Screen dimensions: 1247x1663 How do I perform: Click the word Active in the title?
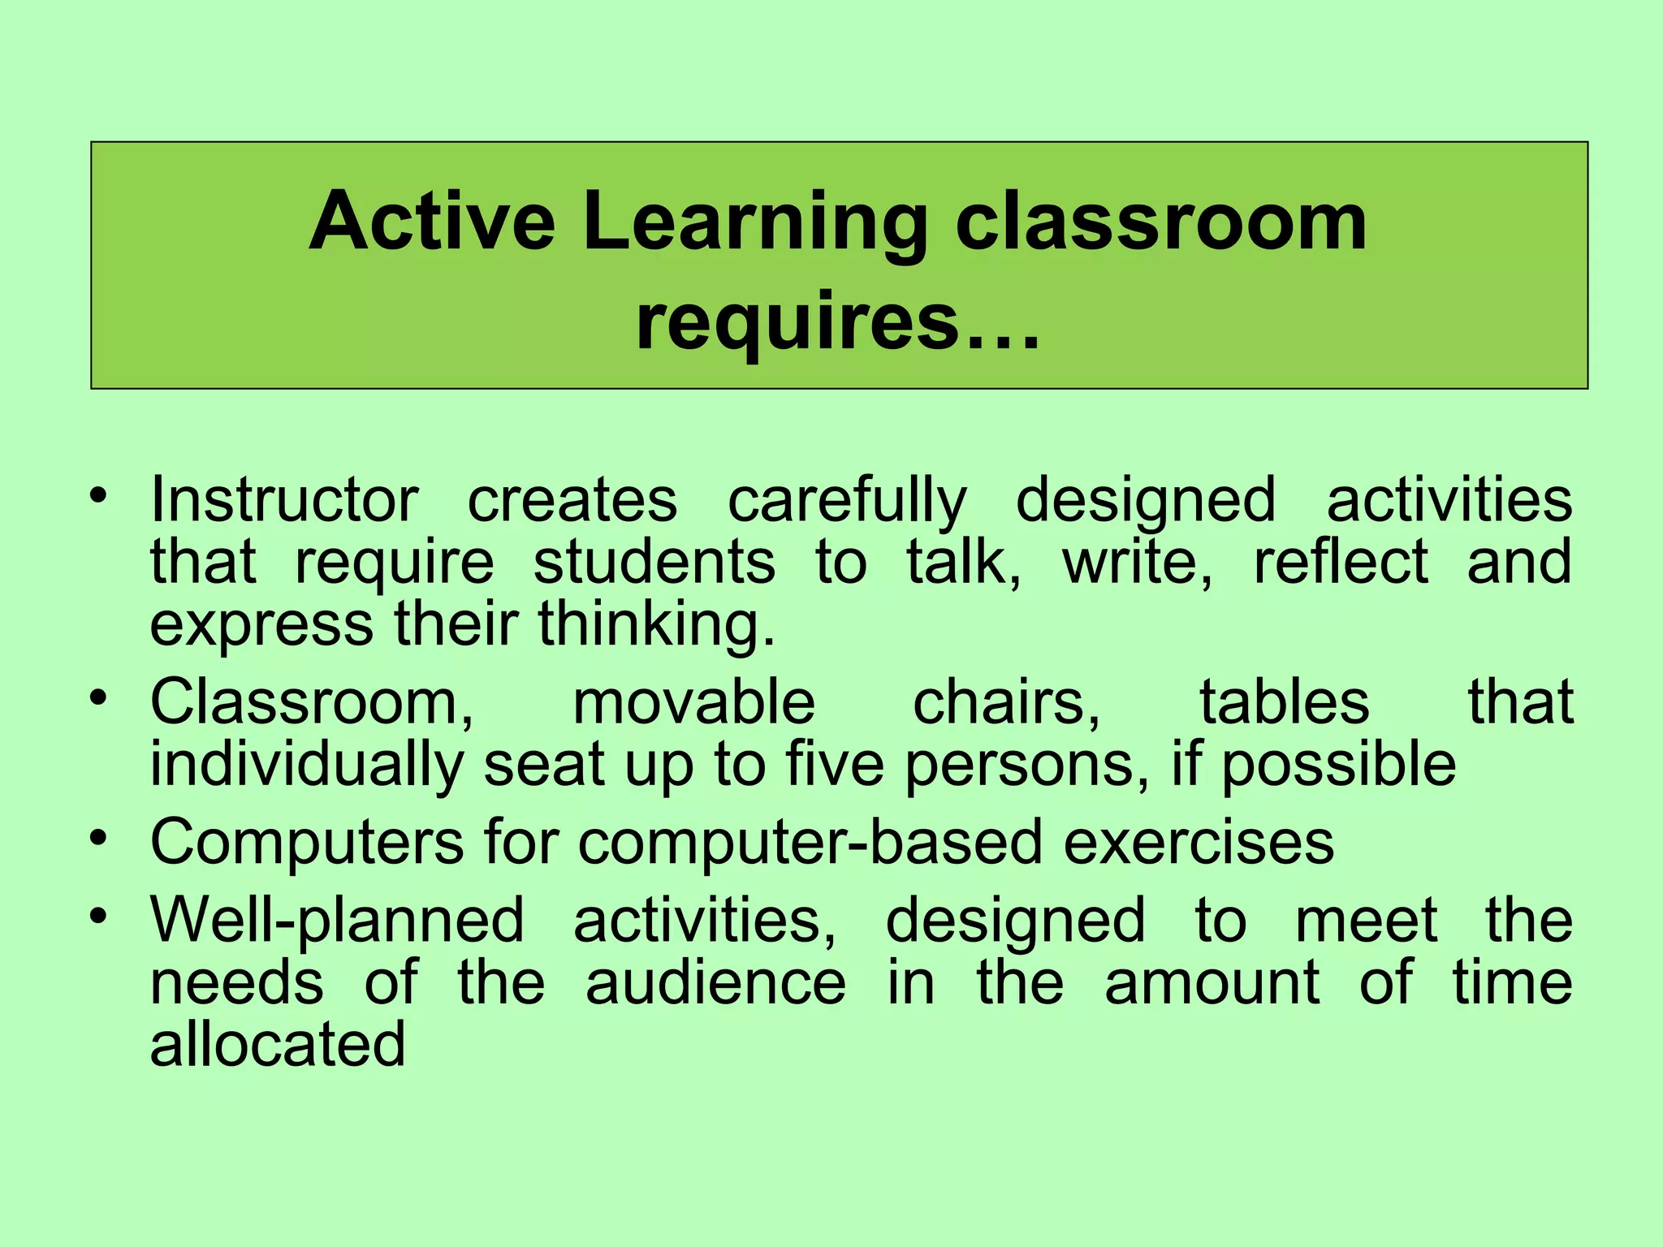click(431, 221)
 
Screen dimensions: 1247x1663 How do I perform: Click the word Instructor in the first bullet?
click(284, 500)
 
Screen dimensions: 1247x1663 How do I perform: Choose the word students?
click(654, 562)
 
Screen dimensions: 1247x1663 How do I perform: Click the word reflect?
click(1341, 562)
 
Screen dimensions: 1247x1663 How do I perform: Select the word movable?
click(693, 702)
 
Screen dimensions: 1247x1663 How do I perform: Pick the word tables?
click(1285, 702)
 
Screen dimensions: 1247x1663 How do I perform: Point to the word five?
click(837, 764)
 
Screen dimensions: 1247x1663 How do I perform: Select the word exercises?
click(1199, 842)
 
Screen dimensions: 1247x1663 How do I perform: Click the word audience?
click(715, 983)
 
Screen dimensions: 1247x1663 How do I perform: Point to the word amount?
click(1212, 983)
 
